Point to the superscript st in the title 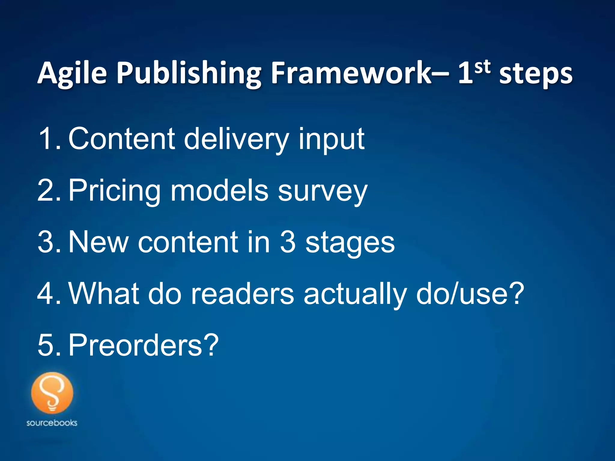point(483,67)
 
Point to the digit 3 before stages point(288,242)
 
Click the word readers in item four point(243,293)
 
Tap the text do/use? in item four point(470,293)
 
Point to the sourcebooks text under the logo point(52,423)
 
